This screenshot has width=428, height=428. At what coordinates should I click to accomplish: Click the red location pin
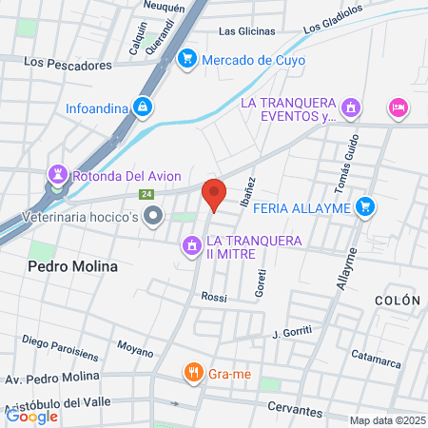tap(214, 195)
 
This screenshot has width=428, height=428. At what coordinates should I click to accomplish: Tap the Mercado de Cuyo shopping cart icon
tap(187, 59)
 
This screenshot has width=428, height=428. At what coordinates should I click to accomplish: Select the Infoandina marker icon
tap(143, 107)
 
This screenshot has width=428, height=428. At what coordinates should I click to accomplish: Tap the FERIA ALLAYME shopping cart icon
tap(364, 205)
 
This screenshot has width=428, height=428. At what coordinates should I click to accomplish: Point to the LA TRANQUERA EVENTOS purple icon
tap(352, 107)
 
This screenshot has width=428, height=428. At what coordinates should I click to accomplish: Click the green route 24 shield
tap(146, 195)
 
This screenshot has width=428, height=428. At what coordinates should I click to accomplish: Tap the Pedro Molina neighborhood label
tap(73, 267)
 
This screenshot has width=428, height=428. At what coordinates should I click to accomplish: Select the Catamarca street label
tap(375, 355)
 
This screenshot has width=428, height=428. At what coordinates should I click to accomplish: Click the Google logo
tap(31, 415)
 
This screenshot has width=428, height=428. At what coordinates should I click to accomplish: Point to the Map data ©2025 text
tap(385, 420)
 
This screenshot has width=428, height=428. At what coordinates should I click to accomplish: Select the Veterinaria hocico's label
tap(70, 218)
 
